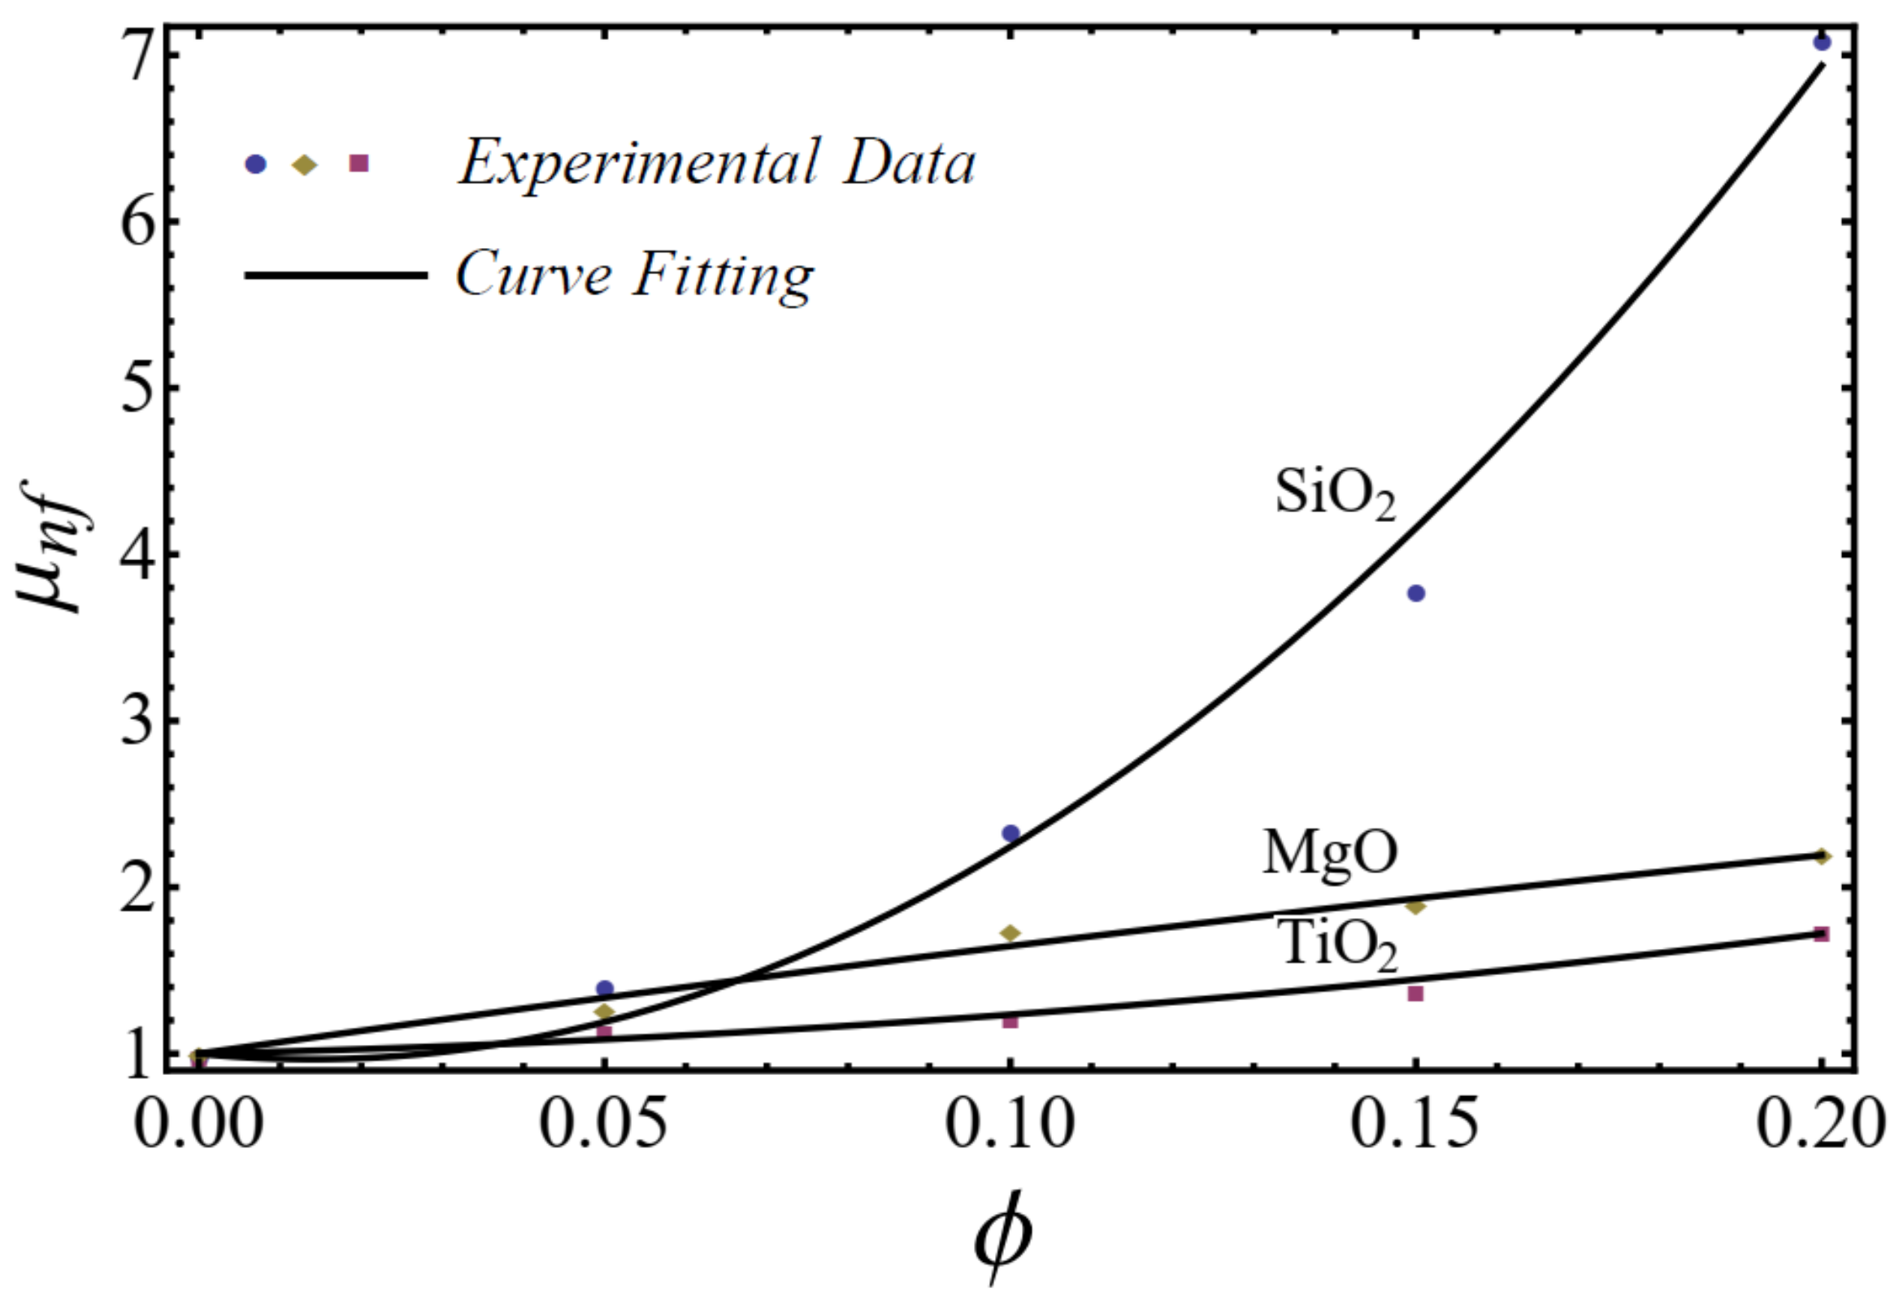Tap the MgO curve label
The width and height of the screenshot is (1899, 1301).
coord(1329,853)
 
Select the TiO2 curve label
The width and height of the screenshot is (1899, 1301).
coord(1336,946)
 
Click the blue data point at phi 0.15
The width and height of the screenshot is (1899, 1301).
coord(1416,594)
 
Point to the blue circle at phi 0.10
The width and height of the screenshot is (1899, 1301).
coord(1010,833)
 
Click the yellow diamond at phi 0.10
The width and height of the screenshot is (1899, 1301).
coord(1010,933)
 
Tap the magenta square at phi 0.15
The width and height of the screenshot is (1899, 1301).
coord(1416,994)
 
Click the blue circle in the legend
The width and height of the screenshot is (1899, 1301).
coord(256,164)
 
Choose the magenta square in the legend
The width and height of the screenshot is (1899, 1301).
coord(358,163)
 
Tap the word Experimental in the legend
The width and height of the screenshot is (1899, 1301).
coord(637,163)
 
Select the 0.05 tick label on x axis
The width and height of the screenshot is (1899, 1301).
coord(605,1127)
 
